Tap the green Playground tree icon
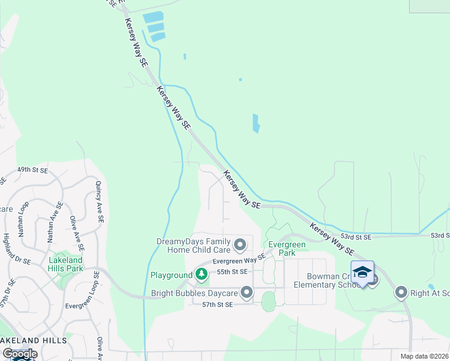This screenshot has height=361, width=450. click(x=202, y=275)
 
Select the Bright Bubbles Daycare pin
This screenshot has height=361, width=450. click(x=247, y=293)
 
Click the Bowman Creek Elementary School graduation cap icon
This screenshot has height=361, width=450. click(x=362, y=273)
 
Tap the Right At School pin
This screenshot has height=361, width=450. click(x=402, y=293)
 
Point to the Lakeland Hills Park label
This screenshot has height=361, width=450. click(x=66, y=264)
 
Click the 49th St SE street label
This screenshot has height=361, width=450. click(x=32, y=171)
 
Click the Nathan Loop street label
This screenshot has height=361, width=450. click(x=23, y=218)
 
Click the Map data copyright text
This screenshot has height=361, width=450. click(x=424, y=356)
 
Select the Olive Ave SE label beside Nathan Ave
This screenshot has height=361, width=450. click(x=76, y=233)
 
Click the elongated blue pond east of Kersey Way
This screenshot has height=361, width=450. click(x=256, y=123)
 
